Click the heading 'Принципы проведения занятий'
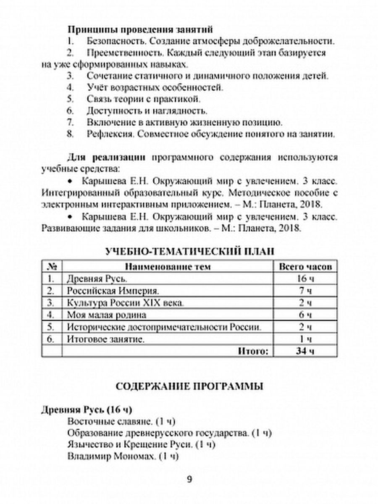click(x=140, y=30)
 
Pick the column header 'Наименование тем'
click(x=168, y=267)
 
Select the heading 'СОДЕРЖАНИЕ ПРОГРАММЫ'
click(x=189, y=386)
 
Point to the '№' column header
click(x=52, y=267)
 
